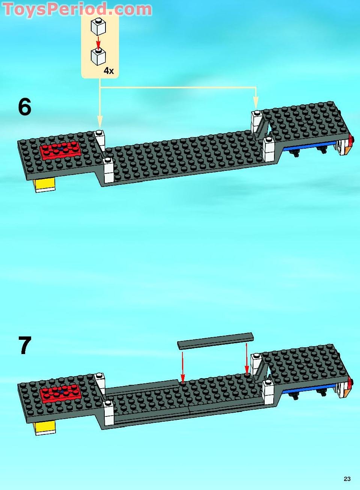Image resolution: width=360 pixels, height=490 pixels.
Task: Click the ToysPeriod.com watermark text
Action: pyautogui.click(x=77, y=9)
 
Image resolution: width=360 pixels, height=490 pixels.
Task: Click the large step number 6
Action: pyautogui.click(x=25, y=107)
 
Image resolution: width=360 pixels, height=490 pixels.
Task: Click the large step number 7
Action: pyautogui.click(x=25, y=345)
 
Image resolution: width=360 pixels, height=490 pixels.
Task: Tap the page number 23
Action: pyautogui.click(x=347, y=478)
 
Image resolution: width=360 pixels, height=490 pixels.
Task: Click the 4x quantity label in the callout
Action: pyautogui.click(x=108, y=71)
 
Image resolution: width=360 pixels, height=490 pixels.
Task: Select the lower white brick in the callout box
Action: pyautogui.click(x=98, y=56)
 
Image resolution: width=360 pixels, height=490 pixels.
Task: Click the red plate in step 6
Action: pyautogui.click(x=60, y=150)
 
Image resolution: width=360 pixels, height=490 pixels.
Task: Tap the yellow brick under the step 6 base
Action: pyautogui.click(x=44, y=184)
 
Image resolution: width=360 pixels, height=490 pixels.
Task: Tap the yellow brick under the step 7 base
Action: pyautogui.click(x=44, y=427)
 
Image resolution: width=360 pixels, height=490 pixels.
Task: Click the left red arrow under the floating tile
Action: pyautogui.click(x=182, y=366)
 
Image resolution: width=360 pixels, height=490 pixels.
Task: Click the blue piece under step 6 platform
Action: pyautogui.click(x=308, y=148)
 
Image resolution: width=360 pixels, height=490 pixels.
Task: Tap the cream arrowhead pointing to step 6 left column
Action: pyautogui.click(x=99, y=121)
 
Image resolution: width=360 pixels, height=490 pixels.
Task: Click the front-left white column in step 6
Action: pyautogui.click(x=108, y=171)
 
